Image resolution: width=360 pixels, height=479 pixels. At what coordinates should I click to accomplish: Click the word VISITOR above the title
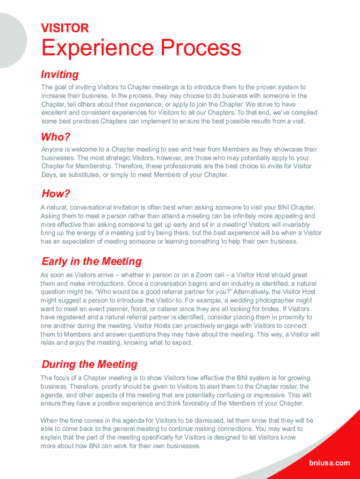pyautogui.click(x=65, y=28)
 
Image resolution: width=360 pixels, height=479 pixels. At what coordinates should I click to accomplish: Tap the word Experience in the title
pyautogui.click(x=98, y=48)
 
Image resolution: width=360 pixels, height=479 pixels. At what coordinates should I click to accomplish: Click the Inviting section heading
pyautogui.click(x=60, y=74)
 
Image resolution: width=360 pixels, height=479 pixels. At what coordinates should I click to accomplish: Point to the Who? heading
pyautogui.click(x=56, y=137)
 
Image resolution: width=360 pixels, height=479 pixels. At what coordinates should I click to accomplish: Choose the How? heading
pyautogui.click(x=56, y=194)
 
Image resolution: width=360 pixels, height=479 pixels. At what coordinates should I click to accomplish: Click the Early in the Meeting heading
pyautogui.click(x=92, y=261)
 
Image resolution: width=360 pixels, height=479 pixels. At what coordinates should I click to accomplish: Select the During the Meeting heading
pyautogui.click(x=89, y=364)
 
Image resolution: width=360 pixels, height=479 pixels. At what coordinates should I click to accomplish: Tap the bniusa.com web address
pyautogui.click(x=329, y=463)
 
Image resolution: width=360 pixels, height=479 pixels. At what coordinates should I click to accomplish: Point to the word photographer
pyautogui.click(x=276, y=300)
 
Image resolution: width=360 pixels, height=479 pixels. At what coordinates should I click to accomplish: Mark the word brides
pyautogui.click(x=264, y=309)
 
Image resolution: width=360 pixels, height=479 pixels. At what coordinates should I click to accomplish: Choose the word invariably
pyautogui.click(x=293, y=225)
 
